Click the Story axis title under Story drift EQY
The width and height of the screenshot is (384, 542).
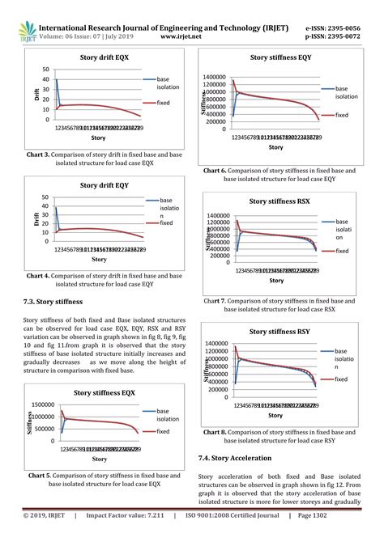(x=99, y=260)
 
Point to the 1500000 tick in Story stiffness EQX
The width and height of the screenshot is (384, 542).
(x=42, y=404)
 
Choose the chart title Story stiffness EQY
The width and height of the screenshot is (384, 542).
(x=281, y=58)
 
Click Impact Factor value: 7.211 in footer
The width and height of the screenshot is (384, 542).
(x=130, y=535)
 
